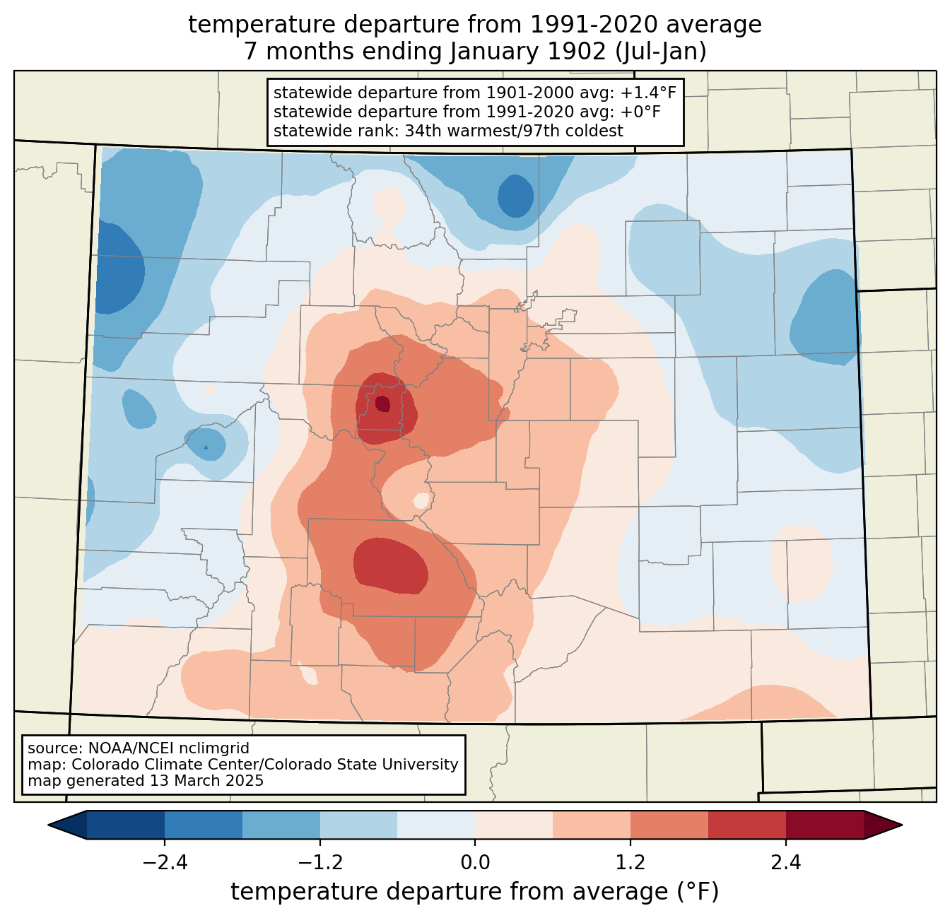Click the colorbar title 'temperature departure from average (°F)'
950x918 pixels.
tap(475, 892)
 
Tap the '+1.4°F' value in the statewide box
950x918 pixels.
tap(647, 93)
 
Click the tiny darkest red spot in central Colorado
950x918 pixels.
tap(382, 404)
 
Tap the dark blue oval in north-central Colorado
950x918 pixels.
tap(515, 196)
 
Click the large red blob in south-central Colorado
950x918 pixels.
tap(390, 565)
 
